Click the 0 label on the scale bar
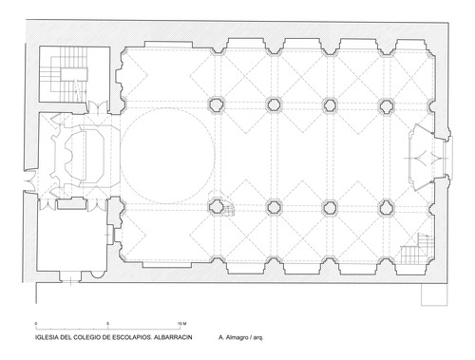[36, 324]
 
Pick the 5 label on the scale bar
[108, 324]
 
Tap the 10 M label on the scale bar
[181, 324]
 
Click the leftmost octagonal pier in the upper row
[217, 104]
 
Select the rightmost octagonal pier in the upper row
[386, 106]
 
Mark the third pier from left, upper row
[330, 105]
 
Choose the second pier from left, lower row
[274, 207]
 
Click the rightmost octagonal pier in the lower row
[386, 208]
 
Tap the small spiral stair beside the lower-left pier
[229, 210]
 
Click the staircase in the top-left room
[64, 74]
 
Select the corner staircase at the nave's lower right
[417, 249]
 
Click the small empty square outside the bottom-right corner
[434, 294]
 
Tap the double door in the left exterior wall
[30, 181]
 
